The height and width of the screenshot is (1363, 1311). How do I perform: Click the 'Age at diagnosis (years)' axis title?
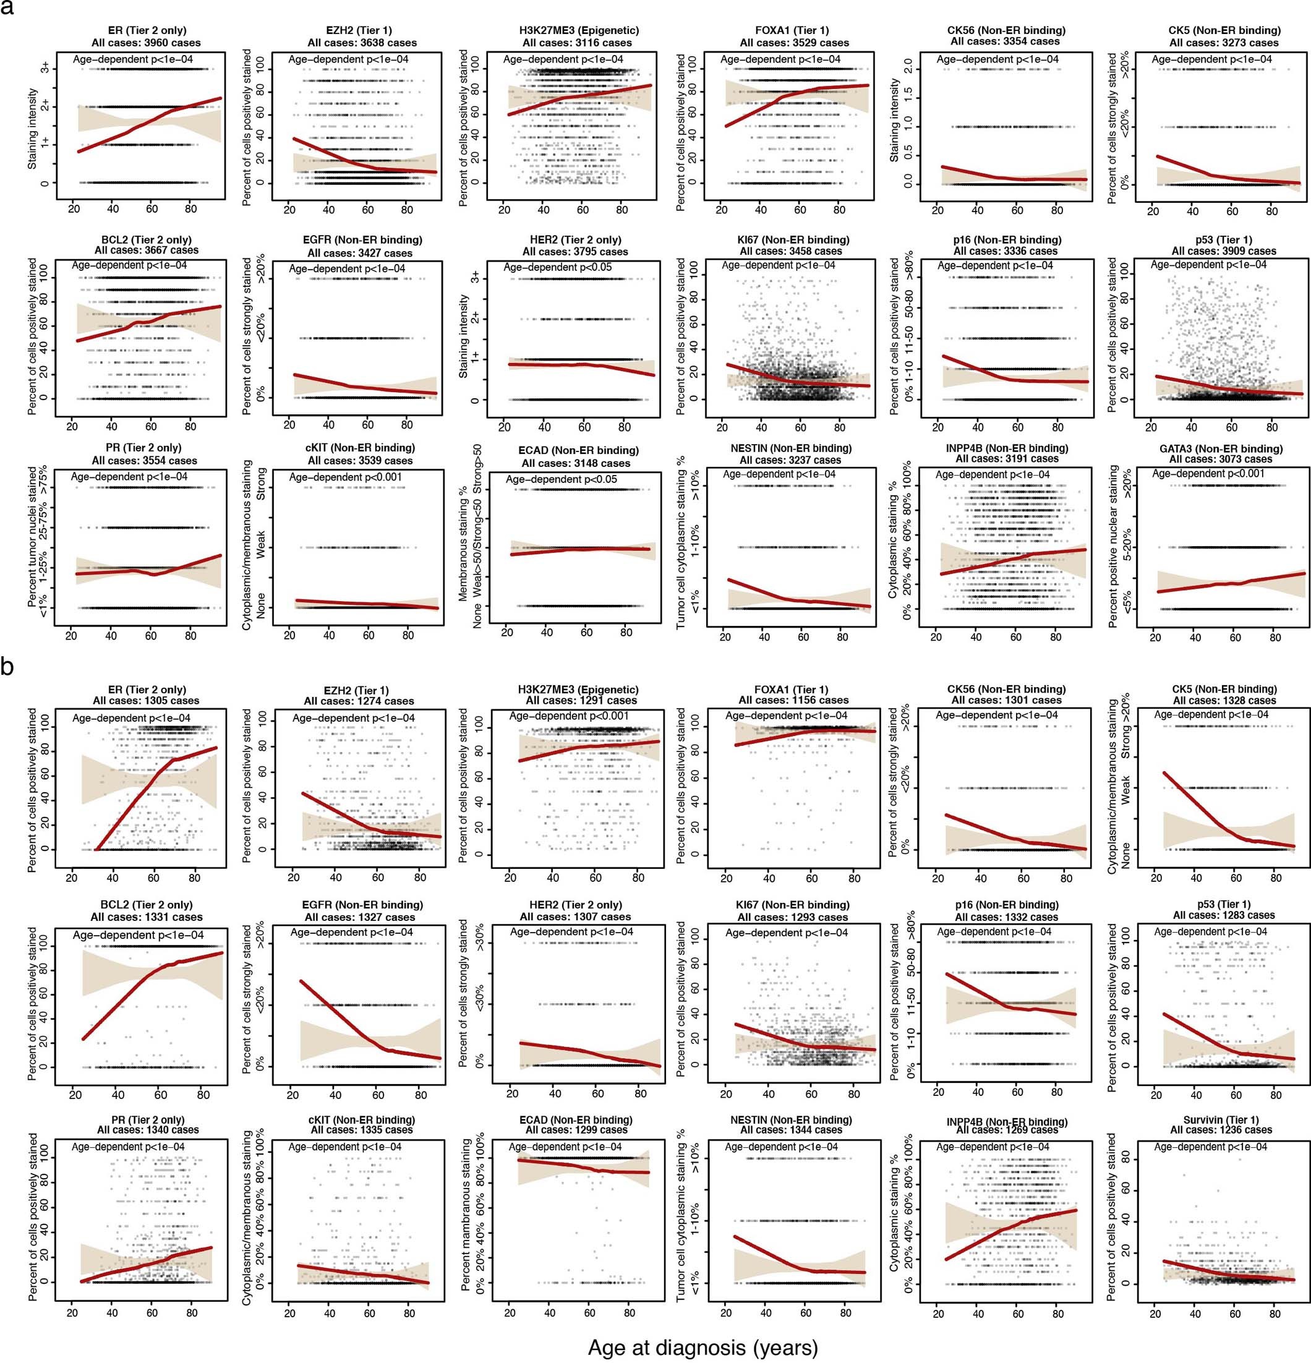(x=702, y=1347)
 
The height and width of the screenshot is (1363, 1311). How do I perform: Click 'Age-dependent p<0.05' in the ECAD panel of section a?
(x=560, y=479)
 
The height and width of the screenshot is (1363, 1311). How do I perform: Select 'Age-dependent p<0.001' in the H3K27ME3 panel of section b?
(x=569, y=716)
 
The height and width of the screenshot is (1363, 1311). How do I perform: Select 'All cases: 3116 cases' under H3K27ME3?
(x=577, y=43)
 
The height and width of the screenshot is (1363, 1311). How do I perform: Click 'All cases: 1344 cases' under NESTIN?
(x=791, y=1130)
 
